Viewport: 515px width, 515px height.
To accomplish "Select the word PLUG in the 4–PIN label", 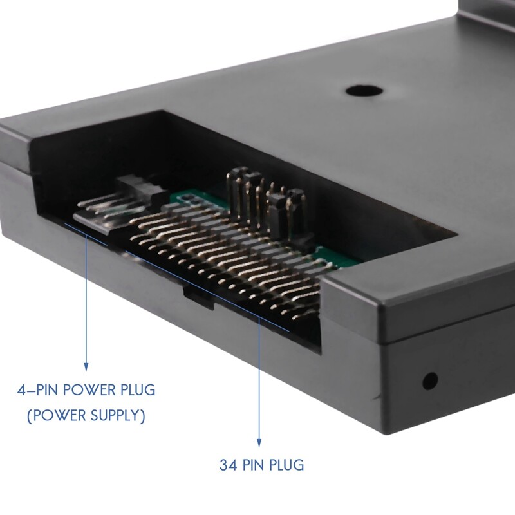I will (136, 390).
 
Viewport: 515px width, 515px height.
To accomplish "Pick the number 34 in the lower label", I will (227, 464).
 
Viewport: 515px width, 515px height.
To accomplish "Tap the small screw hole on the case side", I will (429, 380).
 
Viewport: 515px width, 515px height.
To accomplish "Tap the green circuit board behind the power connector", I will (193, 196).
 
